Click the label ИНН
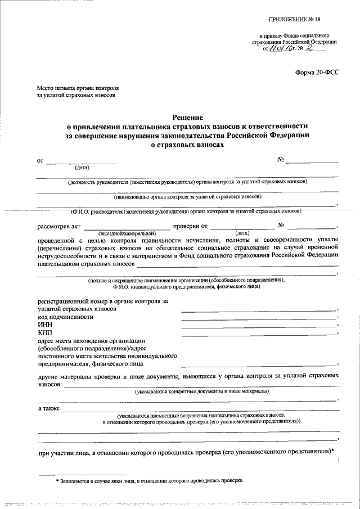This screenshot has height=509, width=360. tap(44, 325)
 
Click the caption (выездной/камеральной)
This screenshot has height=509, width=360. tap(126, 233)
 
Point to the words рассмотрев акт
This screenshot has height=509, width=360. tap(59, 226)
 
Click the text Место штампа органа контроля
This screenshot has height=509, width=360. tap(78, 88)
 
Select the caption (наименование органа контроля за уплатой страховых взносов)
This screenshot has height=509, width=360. tap(187, 196)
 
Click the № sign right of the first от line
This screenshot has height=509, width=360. tap(280, 160)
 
